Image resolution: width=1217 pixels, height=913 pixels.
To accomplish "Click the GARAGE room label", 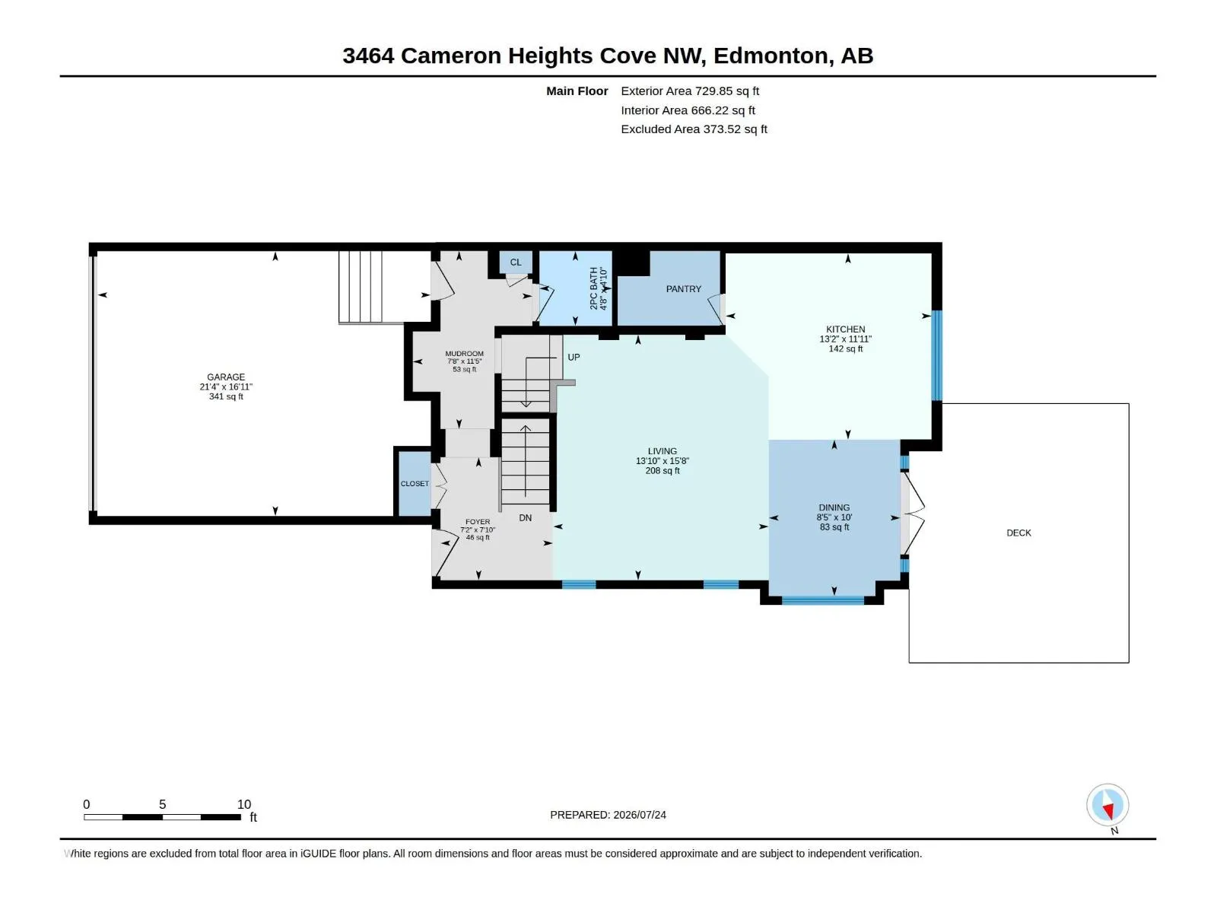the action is pyautogui.click(x=226, y=377).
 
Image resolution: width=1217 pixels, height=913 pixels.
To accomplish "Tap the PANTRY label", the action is pyautogui.click(x=684, y=289).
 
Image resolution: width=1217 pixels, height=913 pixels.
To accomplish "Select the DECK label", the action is pyautogui.click(x=1018, y=533).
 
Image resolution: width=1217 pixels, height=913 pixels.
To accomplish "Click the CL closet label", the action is pyautogui.click(x=516, y=262).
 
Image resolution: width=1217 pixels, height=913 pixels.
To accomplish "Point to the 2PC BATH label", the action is pyautogui.click(x=594, y=288).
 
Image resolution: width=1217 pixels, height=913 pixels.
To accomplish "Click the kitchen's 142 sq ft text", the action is pyautogui.click(x=846, y=348).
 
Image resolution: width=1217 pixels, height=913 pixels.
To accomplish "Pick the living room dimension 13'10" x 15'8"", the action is pyautogui.click(x=662, y=460).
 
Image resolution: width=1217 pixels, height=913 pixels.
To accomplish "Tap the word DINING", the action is pyautogui.click(x=834, y=507).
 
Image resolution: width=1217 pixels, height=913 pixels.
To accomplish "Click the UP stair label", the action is pyautogui.click(x=574, y=357).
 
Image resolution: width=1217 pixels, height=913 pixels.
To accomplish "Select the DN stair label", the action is pyautogui.click(x=525, y=518).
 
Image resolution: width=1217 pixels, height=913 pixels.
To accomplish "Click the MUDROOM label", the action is pyautogui.click(x=464, y=354).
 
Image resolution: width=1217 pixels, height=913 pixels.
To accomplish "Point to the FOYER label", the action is pyautogui.click(x=478, y=522).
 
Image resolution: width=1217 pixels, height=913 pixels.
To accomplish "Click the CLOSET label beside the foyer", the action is pyautogui.click(x=415, y=483).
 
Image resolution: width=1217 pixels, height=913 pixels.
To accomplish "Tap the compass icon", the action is pyautogui.click(x=1107, y=804).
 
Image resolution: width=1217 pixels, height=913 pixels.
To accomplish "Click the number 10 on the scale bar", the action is pyautogui.click(x=244, y=803).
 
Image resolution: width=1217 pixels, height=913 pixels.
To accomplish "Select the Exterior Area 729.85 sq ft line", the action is pyautogui.click(x=690, y=91).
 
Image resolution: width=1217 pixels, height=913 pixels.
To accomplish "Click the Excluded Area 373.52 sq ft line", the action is pyautogui.click(x=694, y=129).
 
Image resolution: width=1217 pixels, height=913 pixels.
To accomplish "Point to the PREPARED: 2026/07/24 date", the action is pyautogui.click(x=608, y=815).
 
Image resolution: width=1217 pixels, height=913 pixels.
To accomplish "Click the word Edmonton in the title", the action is pyautogui.click(x=773, y=56).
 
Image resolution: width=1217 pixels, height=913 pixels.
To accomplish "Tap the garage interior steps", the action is pyautogui.click(x=361, y=287).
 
